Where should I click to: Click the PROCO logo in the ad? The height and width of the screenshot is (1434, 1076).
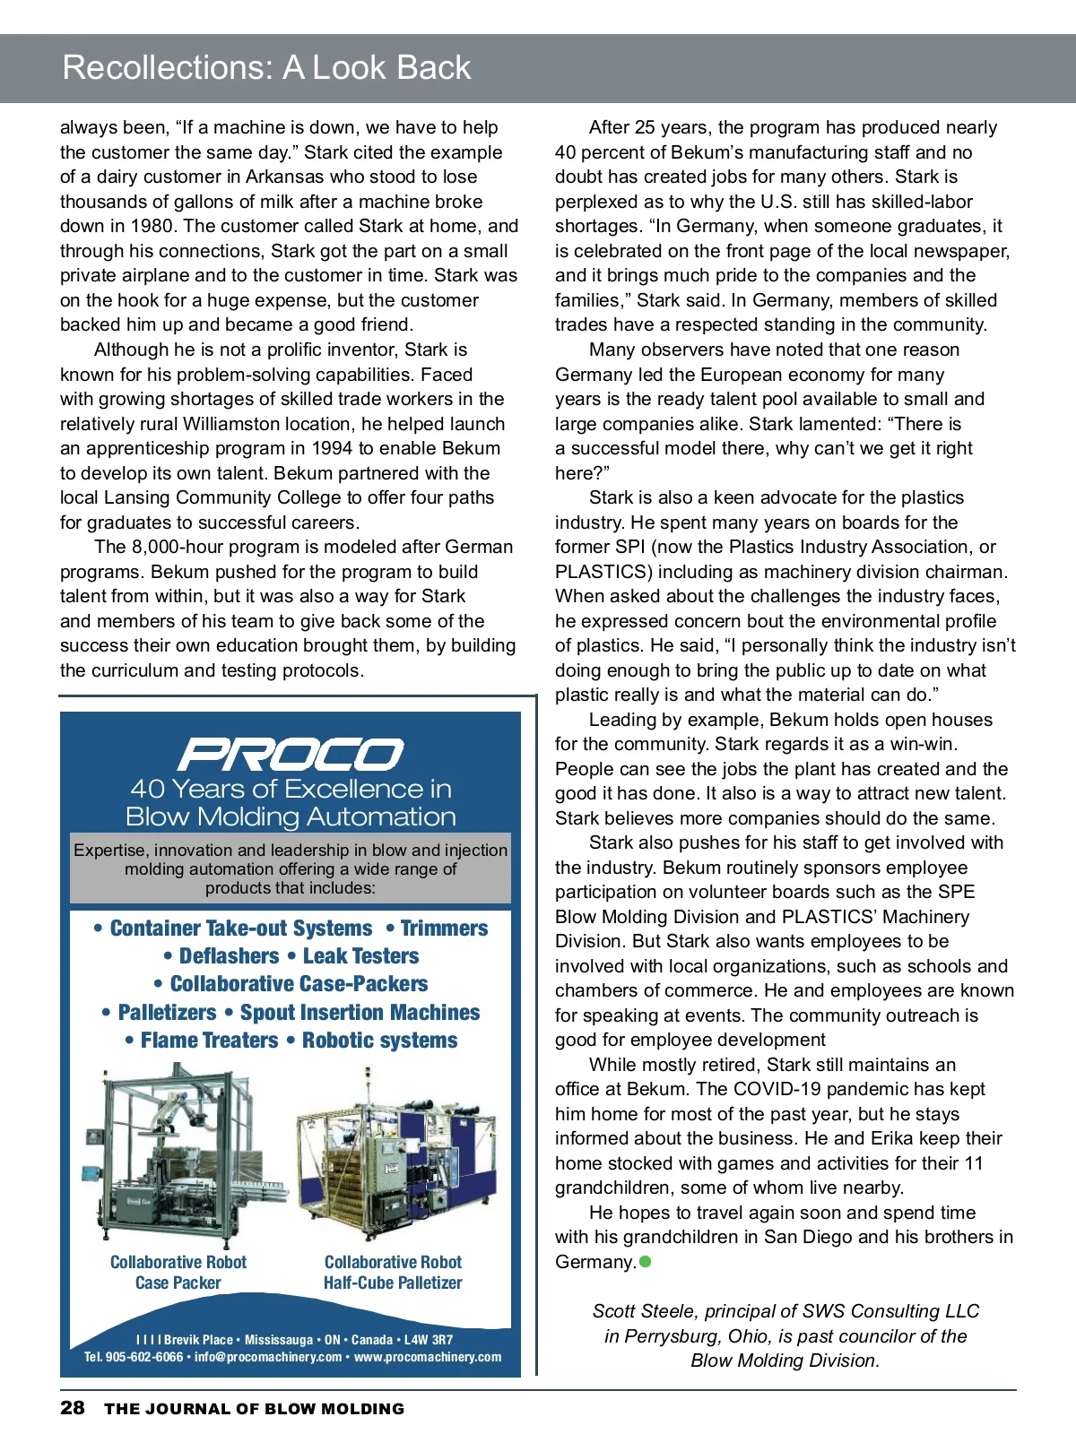(291, 754)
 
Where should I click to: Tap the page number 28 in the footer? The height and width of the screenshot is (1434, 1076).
(73, 1408)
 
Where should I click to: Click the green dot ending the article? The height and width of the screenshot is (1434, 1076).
(645, 1262)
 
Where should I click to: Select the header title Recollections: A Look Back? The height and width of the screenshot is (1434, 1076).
(266, 68)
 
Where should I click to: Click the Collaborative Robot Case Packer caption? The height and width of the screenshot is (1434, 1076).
(178, 1273)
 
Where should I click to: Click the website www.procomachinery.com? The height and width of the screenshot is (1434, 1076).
(428, 1357)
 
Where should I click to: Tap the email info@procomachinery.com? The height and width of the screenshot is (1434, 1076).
(268, 1357)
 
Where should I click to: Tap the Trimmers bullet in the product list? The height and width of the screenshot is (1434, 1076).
(444, 929)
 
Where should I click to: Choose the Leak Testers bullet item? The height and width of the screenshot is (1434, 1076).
(360, 956)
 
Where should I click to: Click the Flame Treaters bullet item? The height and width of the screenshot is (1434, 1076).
(209, 1041)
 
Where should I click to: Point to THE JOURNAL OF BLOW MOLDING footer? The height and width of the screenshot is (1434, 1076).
(254, 1409)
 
